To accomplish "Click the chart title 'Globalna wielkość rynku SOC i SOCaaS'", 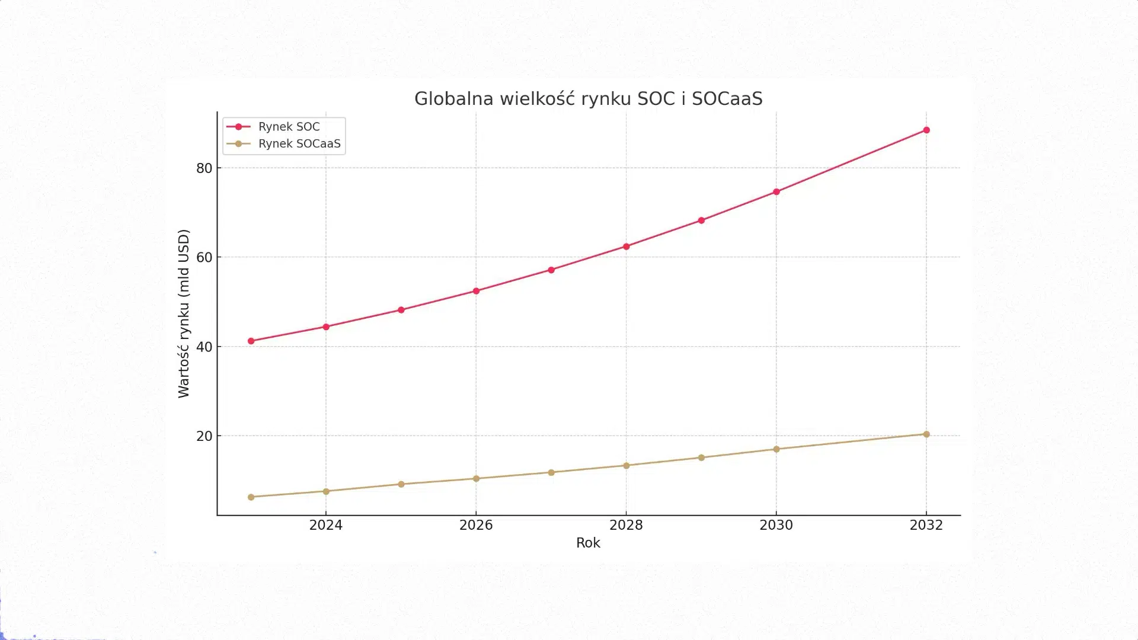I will [x=588, y=98].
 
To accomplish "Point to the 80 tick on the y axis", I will [x=204, y=168].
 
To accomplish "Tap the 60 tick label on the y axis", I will [x=204, y=257].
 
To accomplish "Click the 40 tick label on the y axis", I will [x=204, y=347].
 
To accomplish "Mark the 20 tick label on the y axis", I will [x=204, y=436].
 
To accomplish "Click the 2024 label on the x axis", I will [x=325, y=525].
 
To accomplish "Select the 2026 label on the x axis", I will [x=476, y=525].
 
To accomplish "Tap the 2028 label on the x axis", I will [x=626, y=525].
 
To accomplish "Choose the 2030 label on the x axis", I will [x=776, y=525].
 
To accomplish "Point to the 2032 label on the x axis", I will [x=926, y=525].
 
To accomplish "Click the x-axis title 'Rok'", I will [x=588, y=543].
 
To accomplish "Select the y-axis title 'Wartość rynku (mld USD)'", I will [x=184, y=313].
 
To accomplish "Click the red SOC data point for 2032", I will [x=926, y=130].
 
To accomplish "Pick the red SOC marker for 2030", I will [x=776, y=192].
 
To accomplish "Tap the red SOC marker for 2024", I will [x=326, y=327].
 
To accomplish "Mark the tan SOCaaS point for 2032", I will [x=926, y=434].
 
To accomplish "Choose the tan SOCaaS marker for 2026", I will [x=476, y=479].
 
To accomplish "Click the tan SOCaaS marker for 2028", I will [x=626, y=466].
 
